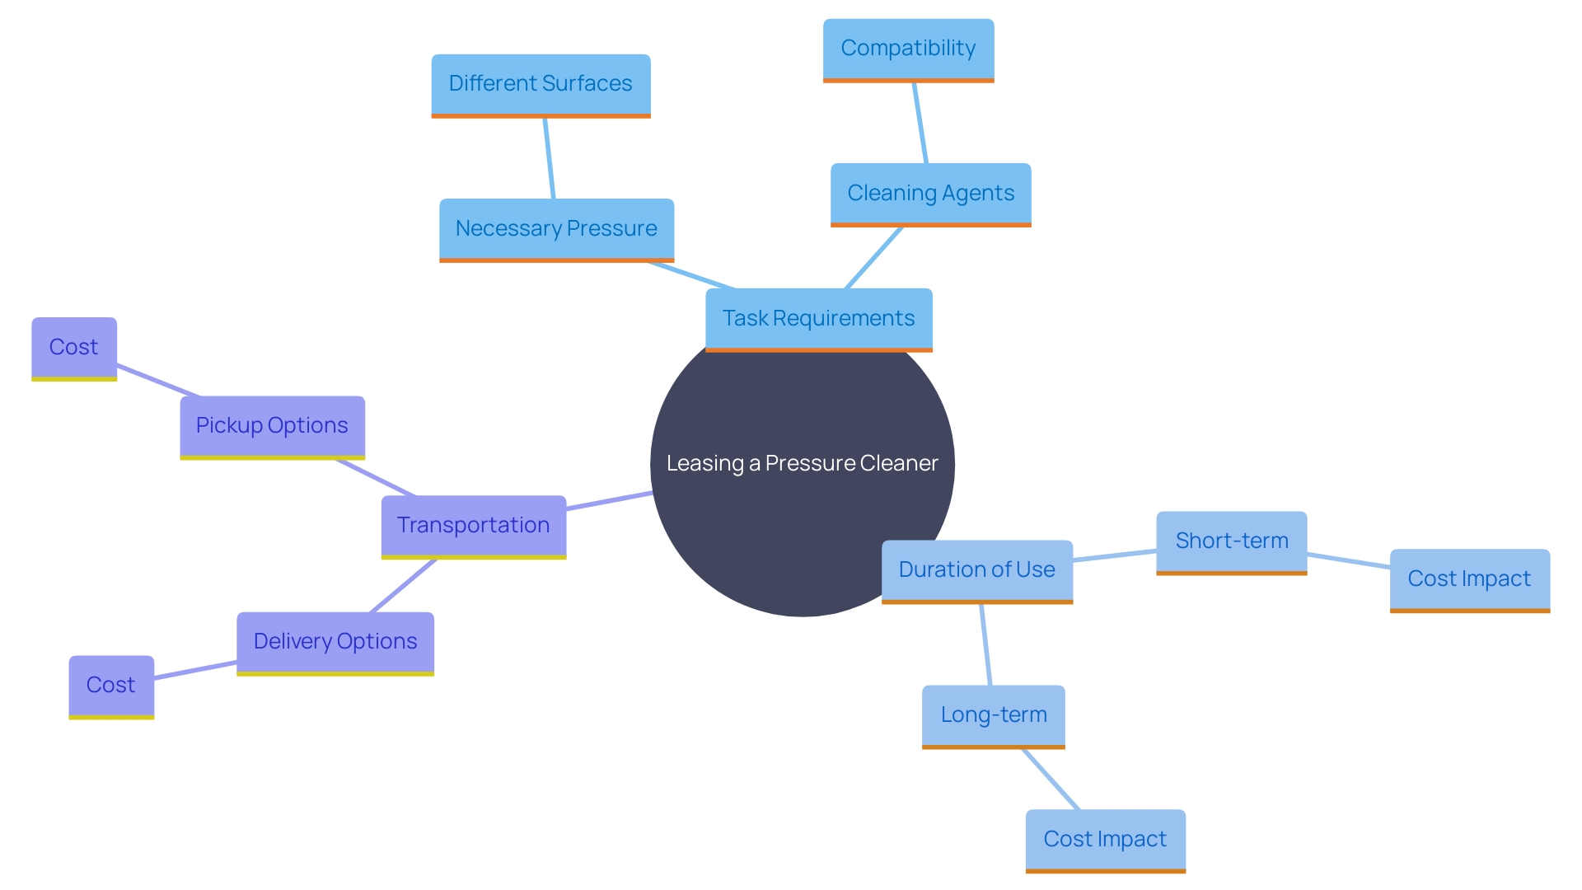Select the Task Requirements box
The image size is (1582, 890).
pyautogui.click(x=818, y=319)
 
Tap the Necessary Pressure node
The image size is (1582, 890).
pyautogui.click(x=556, y=229)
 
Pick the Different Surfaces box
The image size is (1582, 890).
pyautogui.click(x=541, y=85)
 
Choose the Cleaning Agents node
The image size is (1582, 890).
pyautogui.click(x=930, y=194)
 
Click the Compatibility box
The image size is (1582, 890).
pyautogui.click(x=908, y=49)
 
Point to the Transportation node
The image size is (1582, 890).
pyautogui.click(x=473, y=526)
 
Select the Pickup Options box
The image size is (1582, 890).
pyautogui.click(x=272, y=426)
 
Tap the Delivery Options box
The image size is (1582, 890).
pyautogui.click(x=335, y=643)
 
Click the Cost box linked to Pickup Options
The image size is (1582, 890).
pyautogui.click(x=74, y=348)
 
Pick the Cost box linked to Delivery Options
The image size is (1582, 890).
pyautogui.click(x=111, y=686)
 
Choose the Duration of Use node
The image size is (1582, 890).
pyautogui.click(x=976, y=570)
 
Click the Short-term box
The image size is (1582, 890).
pyautogui.click(x=1231, y=541)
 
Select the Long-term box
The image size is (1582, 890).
pyautogui.click(x=993, y=715)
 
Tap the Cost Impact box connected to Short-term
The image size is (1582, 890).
pyautogui.click(x=1469, y=579)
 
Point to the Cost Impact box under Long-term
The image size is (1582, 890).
pyautogui.click(x=1105, y=840)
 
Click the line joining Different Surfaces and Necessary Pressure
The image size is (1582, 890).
pyautogui.click(x=549, y=158)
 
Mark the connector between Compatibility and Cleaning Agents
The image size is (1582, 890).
pyautogui.click(x=920, y=123)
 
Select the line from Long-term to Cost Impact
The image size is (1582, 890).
pyautogui.click(x=1051, y=780)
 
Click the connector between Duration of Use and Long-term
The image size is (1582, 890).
pyautogui.click(x=985, y=644)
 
